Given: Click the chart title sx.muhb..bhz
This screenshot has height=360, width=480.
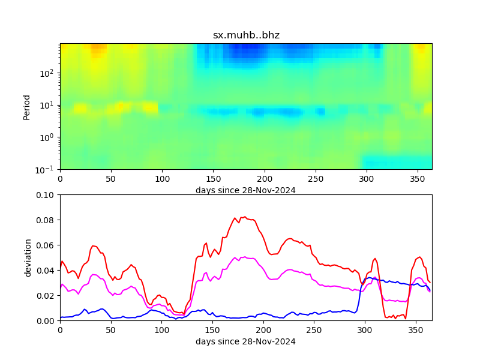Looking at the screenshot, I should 246,35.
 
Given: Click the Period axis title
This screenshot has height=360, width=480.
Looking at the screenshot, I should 26,106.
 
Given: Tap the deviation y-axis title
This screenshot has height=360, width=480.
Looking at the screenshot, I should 28,257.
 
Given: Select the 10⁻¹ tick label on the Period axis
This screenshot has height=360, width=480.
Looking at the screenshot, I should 49,169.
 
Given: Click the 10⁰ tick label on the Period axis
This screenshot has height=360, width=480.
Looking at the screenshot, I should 49,137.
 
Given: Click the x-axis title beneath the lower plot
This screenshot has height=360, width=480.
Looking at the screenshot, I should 245,341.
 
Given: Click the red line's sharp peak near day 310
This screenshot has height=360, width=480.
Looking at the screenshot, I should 375,259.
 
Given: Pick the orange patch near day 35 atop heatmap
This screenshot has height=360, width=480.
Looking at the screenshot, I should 98,49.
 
